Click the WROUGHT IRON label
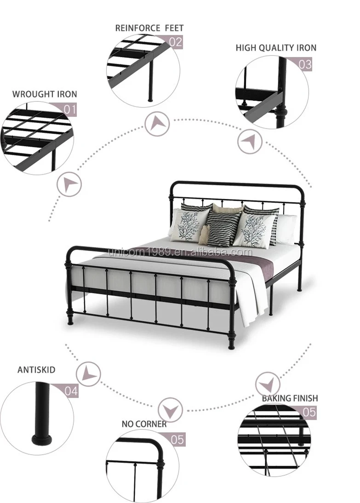click(45, 94)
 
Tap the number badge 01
click(69, 109)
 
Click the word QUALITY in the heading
click(276, 48)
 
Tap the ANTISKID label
click(36, 370)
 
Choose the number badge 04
click(71, 391)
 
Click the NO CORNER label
click(144, 424)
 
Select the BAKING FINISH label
click(290, 398)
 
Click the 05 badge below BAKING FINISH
click(309, 412)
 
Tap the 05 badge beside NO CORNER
click(177, 439)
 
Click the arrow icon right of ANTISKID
click(88, 374)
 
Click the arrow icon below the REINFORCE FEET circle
click(158, 124)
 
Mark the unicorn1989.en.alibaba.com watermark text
click(179, 252)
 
